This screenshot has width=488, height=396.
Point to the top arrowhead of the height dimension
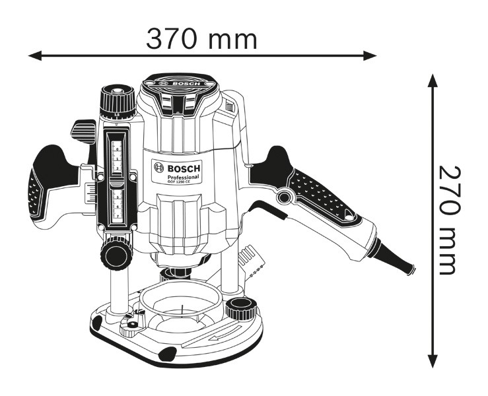tap(433, 79)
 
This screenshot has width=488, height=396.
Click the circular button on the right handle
tap(285, 197)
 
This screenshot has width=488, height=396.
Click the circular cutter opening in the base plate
tap(180, 303)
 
